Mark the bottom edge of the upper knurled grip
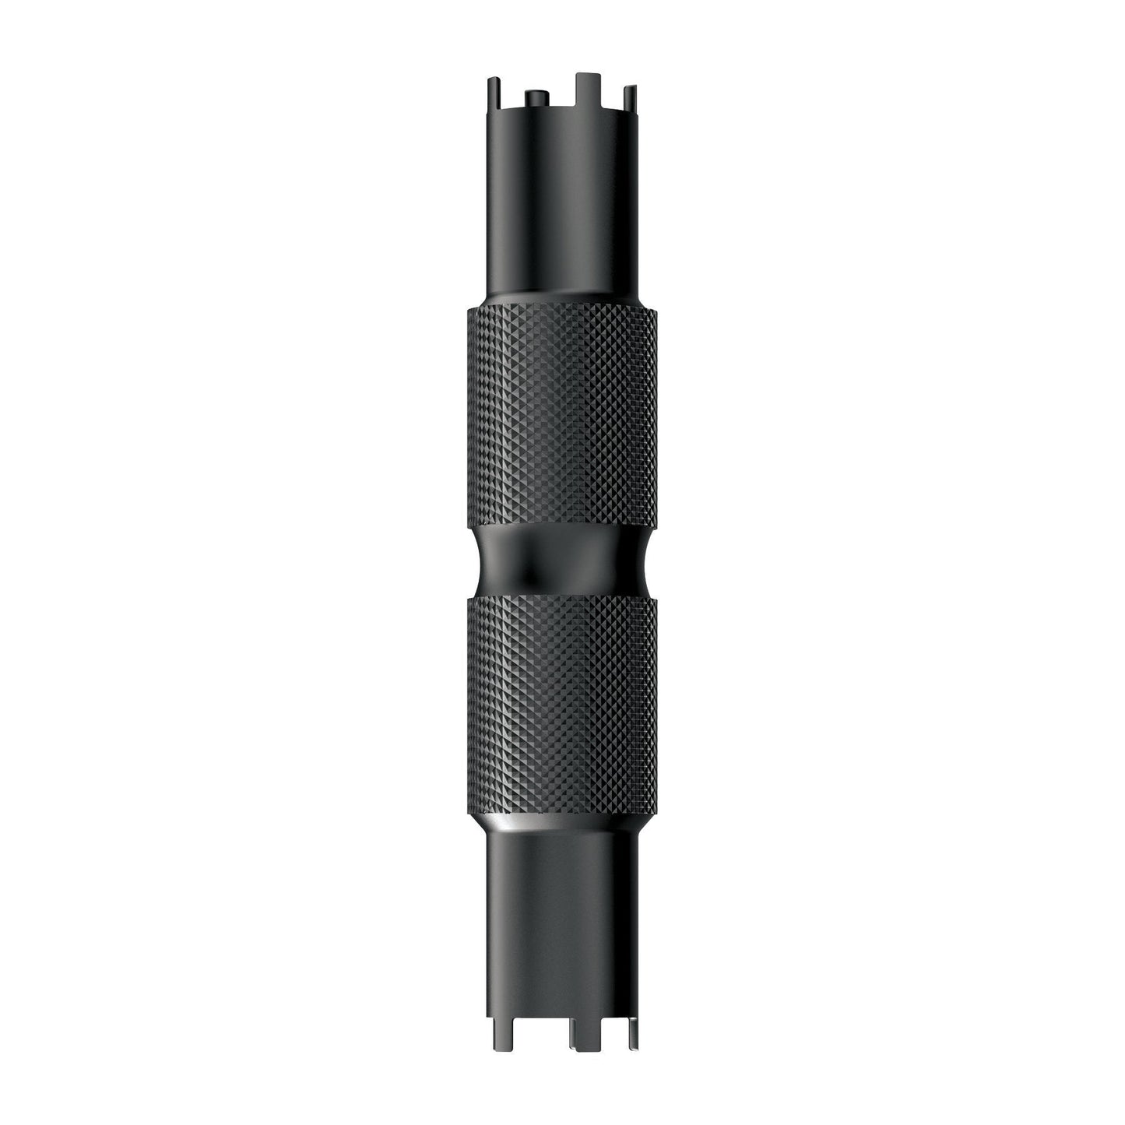pos(562,526)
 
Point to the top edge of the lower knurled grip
pos(562,600)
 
